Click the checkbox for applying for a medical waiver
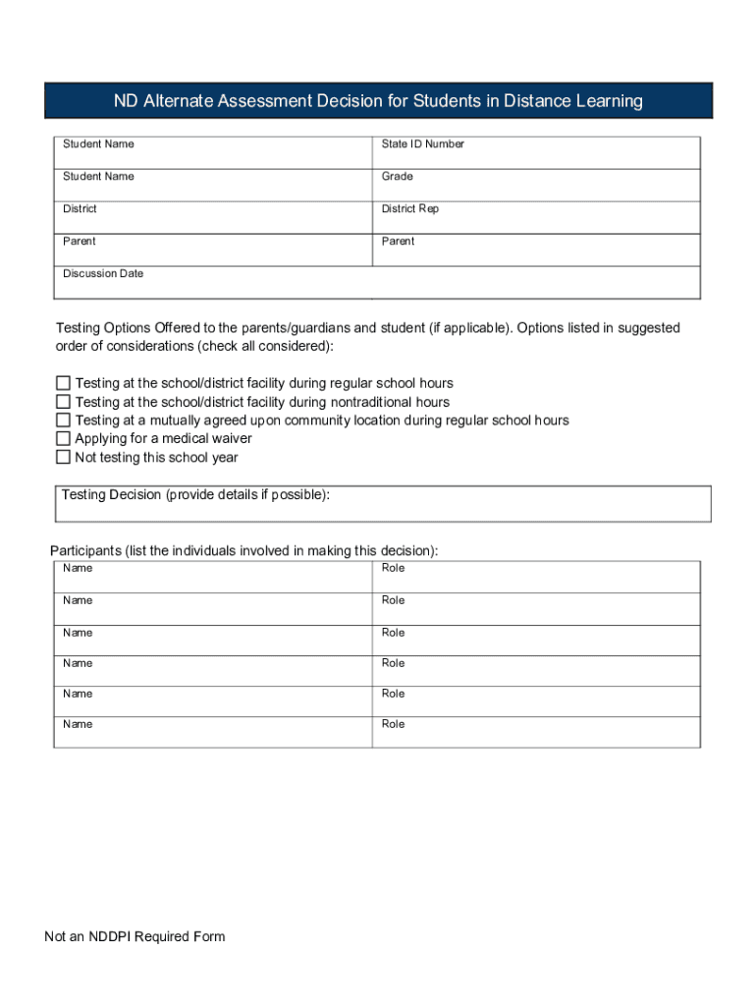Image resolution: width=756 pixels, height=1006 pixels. coord(63,439)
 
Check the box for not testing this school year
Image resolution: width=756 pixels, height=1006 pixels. coord(63,458)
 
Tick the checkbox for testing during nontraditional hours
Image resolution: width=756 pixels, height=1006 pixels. coord(63,402)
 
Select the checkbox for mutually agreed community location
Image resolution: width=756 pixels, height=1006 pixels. coord(63,420)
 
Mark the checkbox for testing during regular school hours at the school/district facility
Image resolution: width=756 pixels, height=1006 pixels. coord(63,383)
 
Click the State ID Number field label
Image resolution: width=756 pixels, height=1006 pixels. coord(422,144)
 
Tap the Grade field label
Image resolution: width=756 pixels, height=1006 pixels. coord(397,177)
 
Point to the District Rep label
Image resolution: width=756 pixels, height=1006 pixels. coord(409,209)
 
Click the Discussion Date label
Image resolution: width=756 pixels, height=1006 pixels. coord(103,274)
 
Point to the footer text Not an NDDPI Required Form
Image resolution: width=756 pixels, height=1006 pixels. coord(135,936)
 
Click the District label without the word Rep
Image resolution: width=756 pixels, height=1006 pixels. coord(80,209)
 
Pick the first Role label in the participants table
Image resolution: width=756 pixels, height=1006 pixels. coord(393,568)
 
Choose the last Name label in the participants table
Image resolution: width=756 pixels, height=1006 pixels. coord(78,724)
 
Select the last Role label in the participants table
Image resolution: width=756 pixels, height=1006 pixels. coord(393,724)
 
